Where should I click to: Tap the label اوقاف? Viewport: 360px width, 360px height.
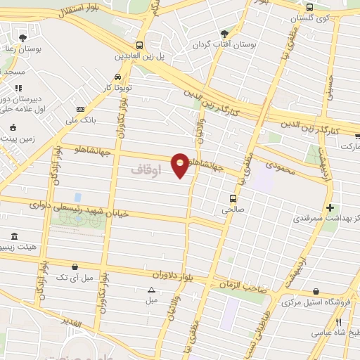[x=146, y=170]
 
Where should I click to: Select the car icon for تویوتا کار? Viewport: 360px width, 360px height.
[x=117, y=77]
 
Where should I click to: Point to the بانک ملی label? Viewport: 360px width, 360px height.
[x=79, y=120]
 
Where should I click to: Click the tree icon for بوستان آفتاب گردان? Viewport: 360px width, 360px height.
[x=225, y=32]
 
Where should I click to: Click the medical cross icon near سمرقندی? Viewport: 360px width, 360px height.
[x=330, y=207]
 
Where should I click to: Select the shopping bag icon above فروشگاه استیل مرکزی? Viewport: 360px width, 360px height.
[x=316, y=291]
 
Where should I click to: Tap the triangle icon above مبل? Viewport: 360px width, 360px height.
[x=151, y=290]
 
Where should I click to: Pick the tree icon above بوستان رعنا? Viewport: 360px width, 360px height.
[x=23, y=37]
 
